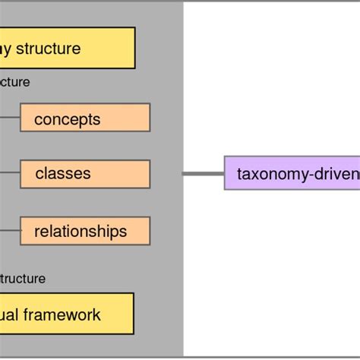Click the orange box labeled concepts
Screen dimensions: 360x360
tap(85, 118)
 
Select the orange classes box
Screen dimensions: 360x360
tap(85, 174)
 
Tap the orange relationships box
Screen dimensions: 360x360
tap(85, 231)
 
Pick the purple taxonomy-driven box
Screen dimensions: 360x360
tap(292, 174)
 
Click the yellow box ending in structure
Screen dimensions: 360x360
tap(67, 49)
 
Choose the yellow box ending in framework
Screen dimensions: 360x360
tap(67, 314)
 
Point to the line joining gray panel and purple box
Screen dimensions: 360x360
tap(204, 174)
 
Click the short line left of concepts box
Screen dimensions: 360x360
tap(10, 118)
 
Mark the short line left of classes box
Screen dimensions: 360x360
tap(10, 174)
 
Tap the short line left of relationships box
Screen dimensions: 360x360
tap(10, 231)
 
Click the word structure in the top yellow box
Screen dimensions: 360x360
tap(49, 49)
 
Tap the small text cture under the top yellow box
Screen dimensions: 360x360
tap(15, 82)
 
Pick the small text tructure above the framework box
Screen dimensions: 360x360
tap(23, 279)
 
